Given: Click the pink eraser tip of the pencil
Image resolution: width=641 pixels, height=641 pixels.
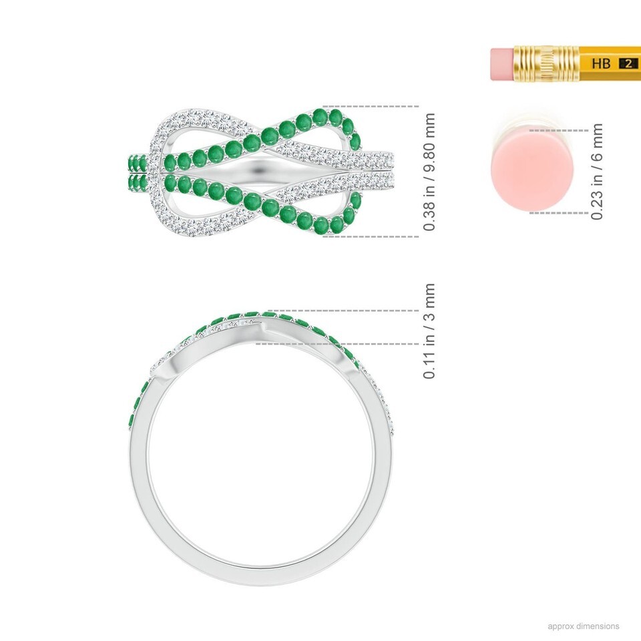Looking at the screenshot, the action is [501, 64].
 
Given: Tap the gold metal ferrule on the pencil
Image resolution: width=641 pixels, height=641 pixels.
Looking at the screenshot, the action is [546, 64].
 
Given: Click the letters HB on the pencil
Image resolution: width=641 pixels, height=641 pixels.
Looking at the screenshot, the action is [601, 63].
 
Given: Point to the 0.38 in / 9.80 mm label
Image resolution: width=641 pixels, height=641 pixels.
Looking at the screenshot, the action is [429, 172].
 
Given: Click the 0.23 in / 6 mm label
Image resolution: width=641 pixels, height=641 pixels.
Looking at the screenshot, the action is [597, 172].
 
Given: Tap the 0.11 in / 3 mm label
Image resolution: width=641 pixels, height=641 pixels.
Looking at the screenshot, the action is [429, 331].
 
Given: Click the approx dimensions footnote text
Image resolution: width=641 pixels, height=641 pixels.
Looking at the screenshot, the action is [584, 626].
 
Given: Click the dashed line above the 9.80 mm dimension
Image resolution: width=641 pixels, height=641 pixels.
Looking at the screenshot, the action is [371, 106].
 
